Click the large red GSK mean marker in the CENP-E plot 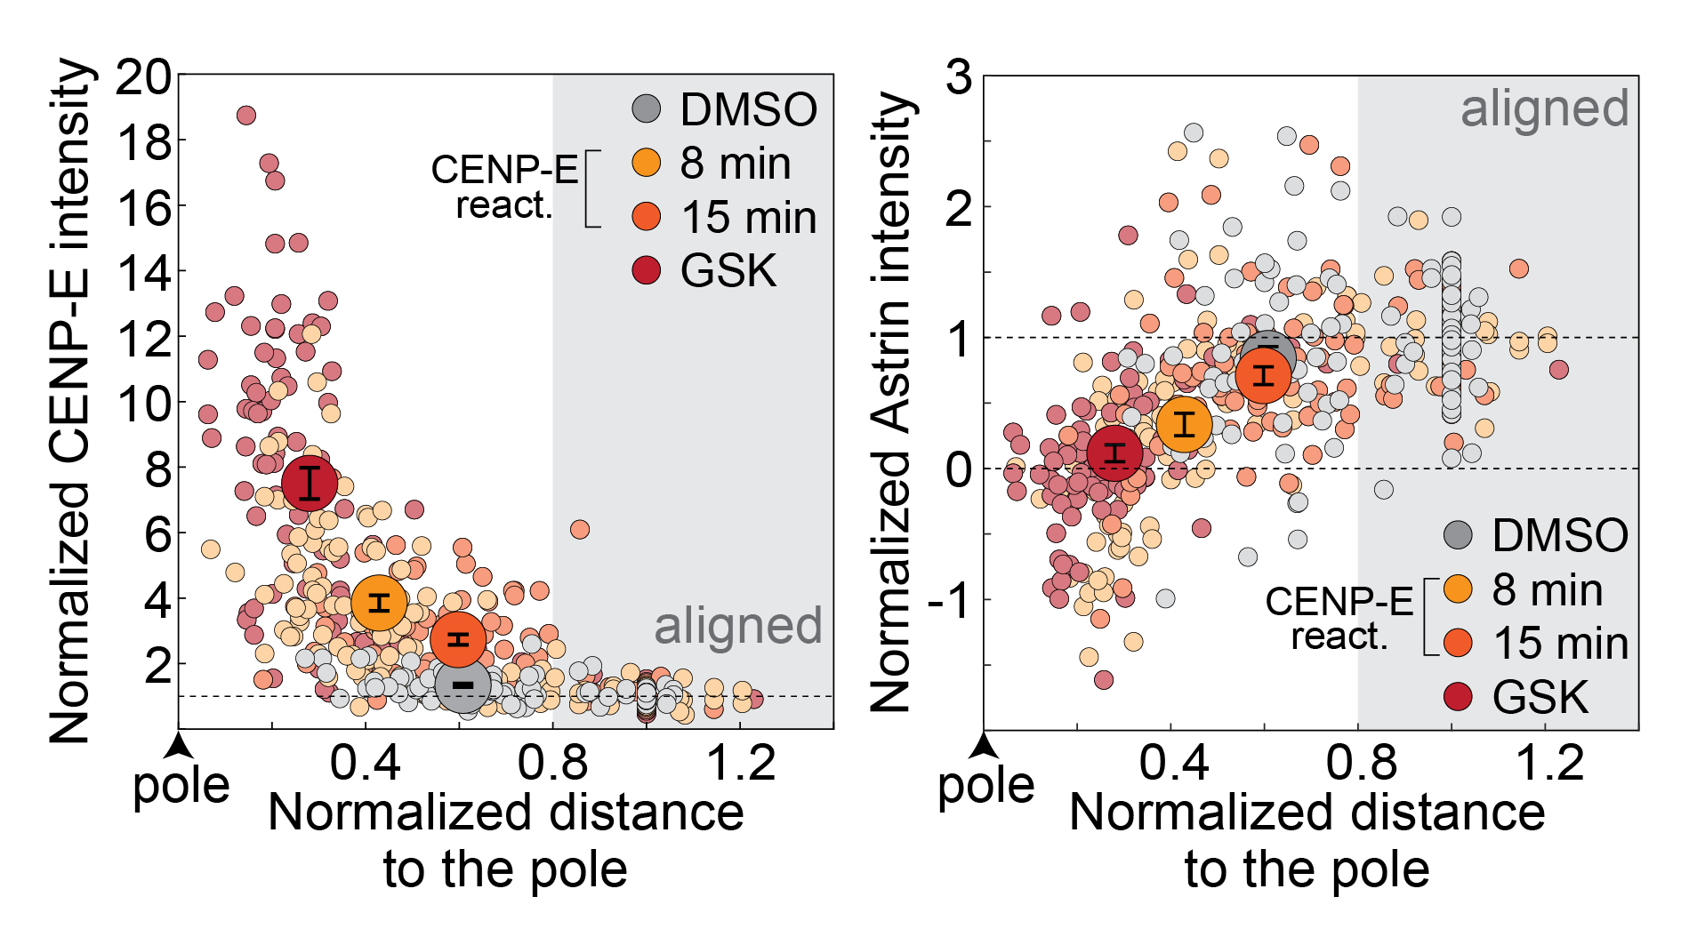click(310, 483)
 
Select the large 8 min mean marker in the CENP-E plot click(380, 603)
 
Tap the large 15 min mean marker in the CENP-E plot click(458, 639)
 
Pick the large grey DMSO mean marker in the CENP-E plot click(463, 685)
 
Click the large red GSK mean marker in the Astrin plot click(1114, 452)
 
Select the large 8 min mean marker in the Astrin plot click(1185, 424)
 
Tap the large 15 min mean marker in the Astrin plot click(1264, 374)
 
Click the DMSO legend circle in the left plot click(647, 109)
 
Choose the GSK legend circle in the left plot click(647, 270)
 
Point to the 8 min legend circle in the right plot click(1458, 589)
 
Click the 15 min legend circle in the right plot click(1458, 642)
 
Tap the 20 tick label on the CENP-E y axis click(142, 77)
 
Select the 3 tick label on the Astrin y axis click(959, 77)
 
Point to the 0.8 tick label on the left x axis click(552, 763)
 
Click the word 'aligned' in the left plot click(737, 626)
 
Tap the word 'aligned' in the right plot click(1545, 109)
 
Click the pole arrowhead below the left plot click(180, 742)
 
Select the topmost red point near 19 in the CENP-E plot click(246, 115)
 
